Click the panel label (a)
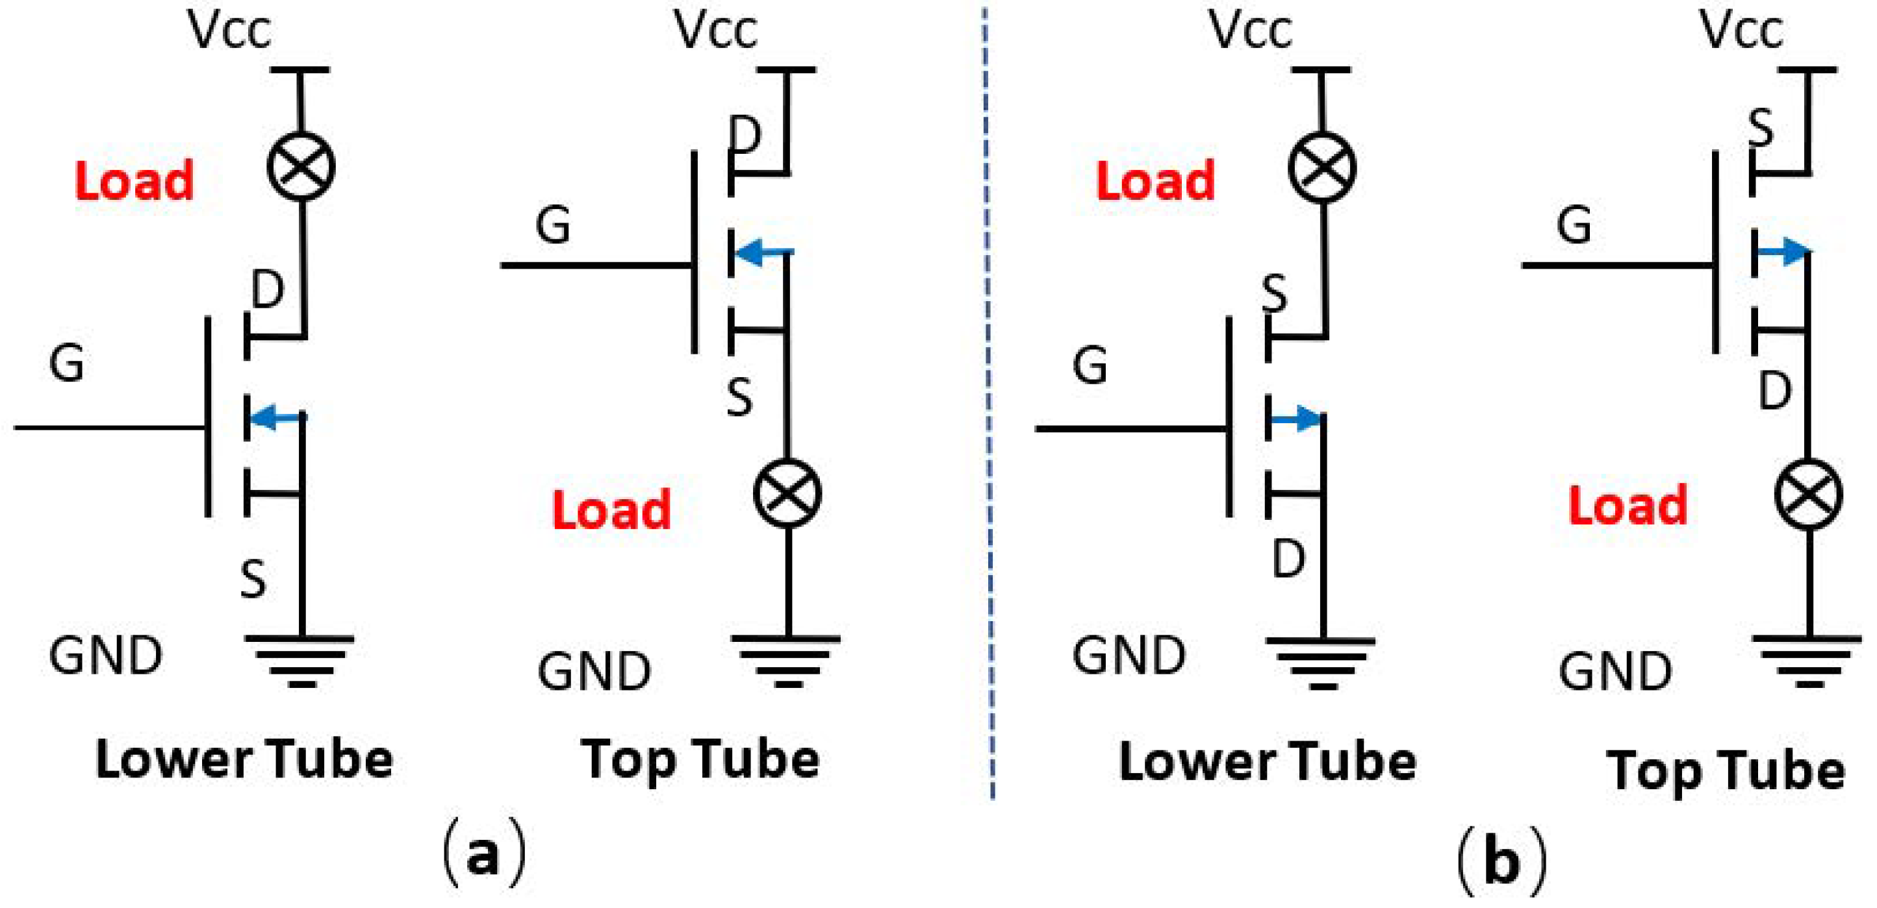(x=484, y=853)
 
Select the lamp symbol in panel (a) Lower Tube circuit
(x=301, y=166)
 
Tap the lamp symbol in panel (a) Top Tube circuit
(x=787, y=494)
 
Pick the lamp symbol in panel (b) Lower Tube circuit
(x=1322, y=166)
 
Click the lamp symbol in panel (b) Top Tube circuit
(x=1809, y=495)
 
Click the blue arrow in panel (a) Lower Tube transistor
(x=277, y=417)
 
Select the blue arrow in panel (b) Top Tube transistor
(x=1782, y=252)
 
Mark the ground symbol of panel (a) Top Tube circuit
(x=787, y=659)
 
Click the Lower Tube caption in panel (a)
(x=245, y=760)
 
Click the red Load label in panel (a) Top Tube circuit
(x=611, y=509)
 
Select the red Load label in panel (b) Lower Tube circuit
(x=1156, y=180)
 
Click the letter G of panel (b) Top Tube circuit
(x=1574, y=225)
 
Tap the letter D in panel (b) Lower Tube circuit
(x=1288, y=559)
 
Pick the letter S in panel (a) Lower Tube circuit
(x=253, y=580)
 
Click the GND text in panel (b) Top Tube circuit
(x=1615, y=671)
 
